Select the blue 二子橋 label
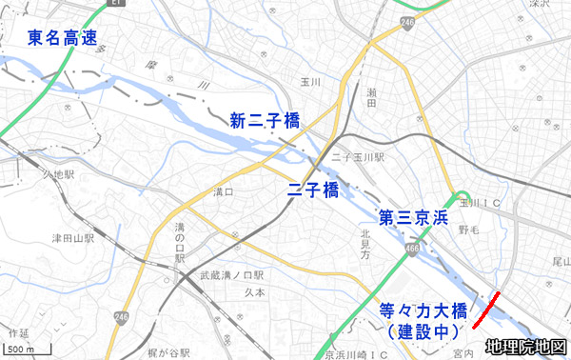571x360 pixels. (x=313, y=190)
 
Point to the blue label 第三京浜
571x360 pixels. (x=412, y=217)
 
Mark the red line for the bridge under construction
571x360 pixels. (x=487, y=311)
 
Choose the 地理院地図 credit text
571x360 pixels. (x=525, y=348)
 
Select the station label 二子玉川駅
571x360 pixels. (x=359, y=155)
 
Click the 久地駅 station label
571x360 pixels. (x=57, y=174)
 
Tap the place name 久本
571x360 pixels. (x=254, y=293)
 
